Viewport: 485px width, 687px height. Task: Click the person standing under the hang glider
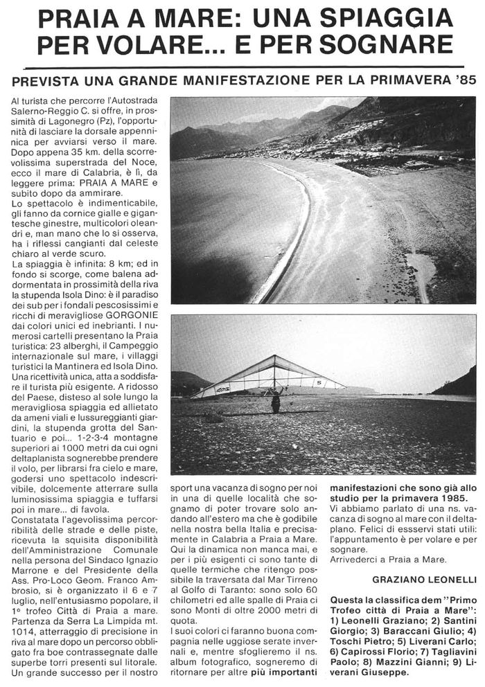point(276,400)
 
